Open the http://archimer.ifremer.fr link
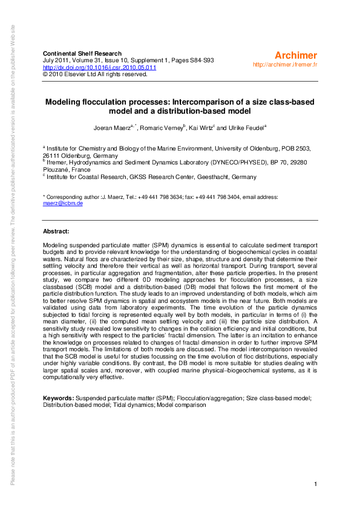[286, 64]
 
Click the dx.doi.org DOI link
[100, 68]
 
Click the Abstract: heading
[56, 232]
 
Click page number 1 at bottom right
[316, 485]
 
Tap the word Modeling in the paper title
[65, 102]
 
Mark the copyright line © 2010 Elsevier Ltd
[94, 74]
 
